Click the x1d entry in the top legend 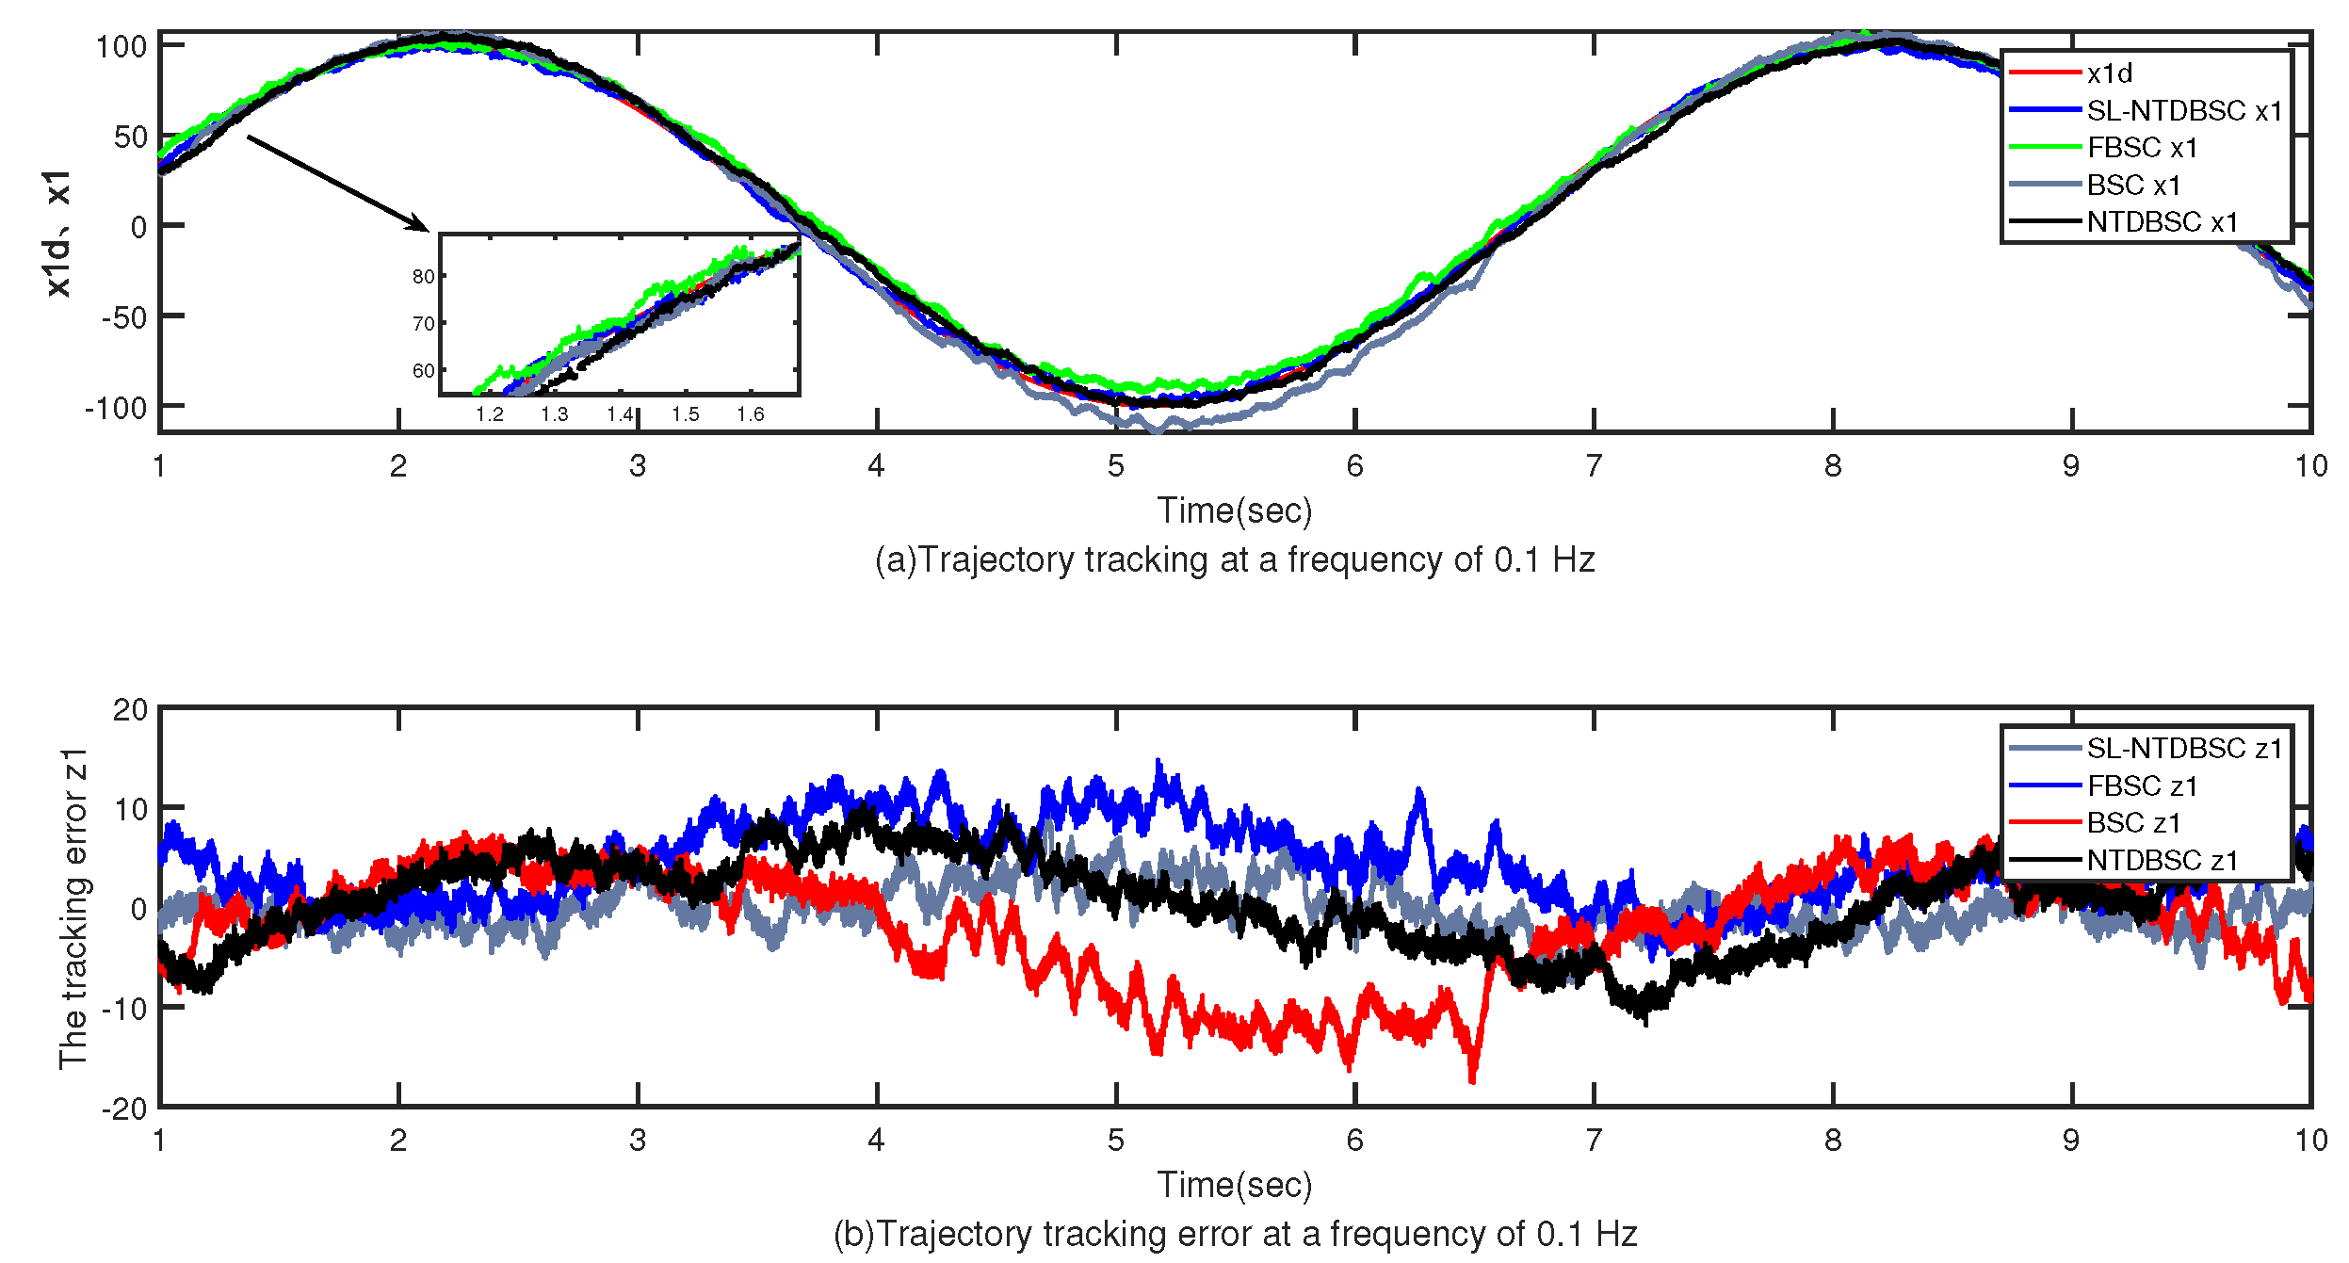pyautogui.click(x=2109, y=73)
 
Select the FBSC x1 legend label pyautogui.click(x=2142, y=148)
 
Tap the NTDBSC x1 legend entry pyautogui.click(x=2162, y=222)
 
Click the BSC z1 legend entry pyautogui.click(x=2133, y=823)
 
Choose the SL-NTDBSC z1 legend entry pyautogui.click(x=2184, y=749)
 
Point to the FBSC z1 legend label pyautogui.click(x=2142, y=785)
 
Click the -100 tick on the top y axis pyautogui.click(x=117, y=409)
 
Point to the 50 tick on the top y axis pyautogui.click(x=130, y=138)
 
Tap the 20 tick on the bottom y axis pyautogui.click(x=130, y=710)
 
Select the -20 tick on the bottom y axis pyautogui.click(x=124, y=1109)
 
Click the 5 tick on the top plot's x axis pyautogui.click(x=1116, y=466)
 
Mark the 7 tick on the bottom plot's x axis pyautogui.click(x=1594, y=1141)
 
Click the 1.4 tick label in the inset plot pyautogui.click(x=620, y=414)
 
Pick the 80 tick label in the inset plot pyautogui.click(x=423, y=277)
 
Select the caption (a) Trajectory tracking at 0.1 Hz pyautogui.click(x=1234, y=560)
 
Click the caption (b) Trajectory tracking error pyautogui.click(x=1234, y=1234)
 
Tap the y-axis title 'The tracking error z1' pyautogui.click(x=73, y=908)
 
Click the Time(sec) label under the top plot pyautogui.click(x=1234, y=510)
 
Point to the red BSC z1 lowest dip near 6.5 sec pyautogui.click(x=1472, y=1079)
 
